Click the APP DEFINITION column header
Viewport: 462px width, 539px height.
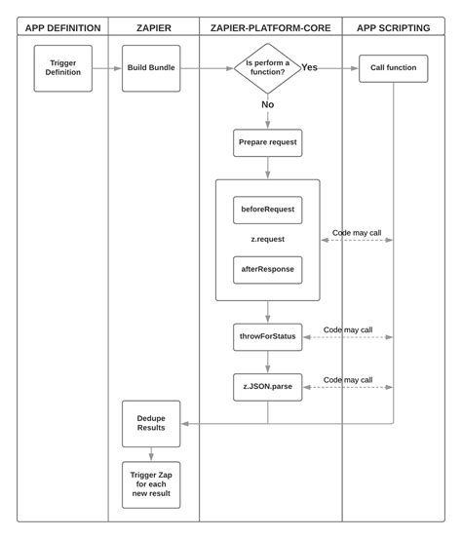tap(62, 27)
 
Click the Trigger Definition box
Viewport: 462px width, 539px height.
tap(63, 68)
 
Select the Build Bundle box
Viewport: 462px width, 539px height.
tap(151, 68)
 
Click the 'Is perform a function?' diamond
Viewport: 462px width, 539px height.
tap(267, 68)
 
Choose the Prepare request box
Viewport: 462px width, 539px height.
tap(267, 142)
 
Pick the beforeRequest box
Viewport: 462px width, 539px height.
tap(267, 210)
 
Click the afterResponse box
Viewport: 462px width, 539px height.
tap(267, 269)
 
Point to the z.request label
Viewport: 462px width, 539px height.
tap(267, 239)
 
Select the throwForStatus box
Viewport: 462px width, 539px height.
tap(267, 337)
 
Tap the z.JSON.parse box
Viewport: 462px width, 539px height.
tap(267, 387)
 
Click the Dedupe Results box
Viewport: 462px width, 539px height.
tap(151, 423)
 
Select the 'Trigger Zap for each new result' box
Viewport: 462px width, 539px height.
tap(151, 484)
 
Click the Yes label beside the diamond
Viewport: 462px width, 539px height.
tap(309, 67)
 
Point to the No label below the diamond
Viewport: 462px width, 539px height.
tap(267, 104)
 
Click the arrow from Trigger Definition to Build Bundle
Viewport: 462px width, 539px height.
tap(107, 68)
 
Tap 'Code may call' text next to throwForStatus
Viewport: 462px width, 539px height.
tap(347, 329)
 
